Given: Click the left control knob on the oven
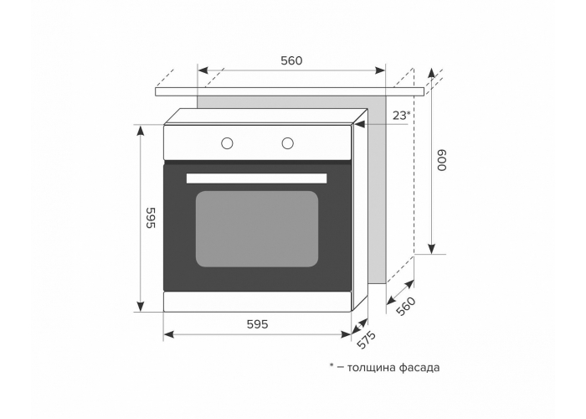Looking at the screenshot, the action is point(227,143).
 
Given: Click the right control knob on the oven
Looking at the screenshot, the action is point(287,143).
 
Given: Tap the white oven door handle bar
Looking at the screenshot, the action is point(257,178).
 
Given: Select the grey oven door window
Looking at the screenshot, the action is point(257,229).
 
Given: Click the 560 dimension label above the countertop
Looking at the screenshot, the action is point(291,60).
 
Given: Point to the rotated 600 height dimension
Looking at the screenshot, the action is point(442,161).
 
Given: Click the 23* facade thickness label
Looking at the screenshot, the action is point(401,116).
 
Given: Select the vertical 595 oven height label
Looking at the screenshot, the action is point(150,217).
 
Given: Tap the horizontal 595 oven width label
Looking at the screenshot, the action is point(258,324).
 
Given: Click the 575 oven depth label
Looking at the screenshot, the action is point(366,339).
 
